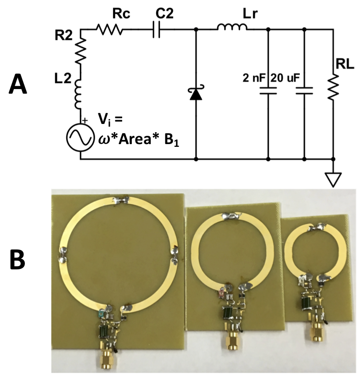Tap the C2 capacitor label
click(157, 14)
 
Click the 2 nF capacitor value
click(254, 78)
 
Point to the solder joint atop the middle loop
click(231, 215)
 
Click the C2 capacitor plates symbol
click(157, 29)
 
